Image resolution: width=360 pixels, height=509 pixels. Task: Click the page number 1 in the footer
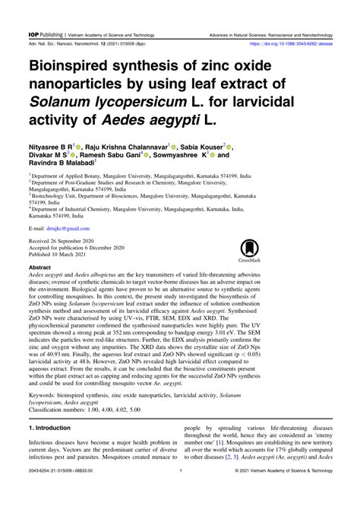pyautogui.click(x=179, y=492)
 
